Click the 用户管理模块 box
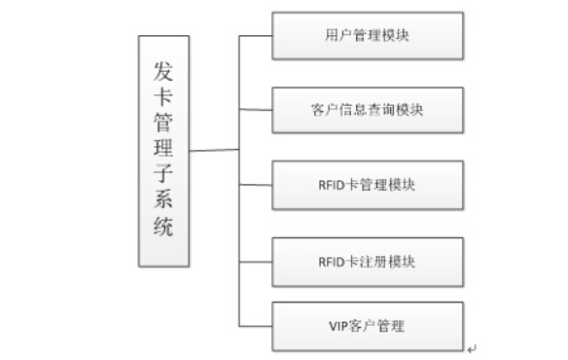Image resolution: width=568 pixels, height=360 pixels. point(368,36)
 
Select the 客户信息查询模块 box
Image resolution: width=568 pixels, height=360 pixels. point(368,110)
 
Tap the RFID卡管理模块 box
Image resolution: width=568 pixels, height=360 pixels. point(368,185)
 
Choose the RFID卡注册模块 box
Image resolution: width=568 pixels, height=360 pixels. point(368,262)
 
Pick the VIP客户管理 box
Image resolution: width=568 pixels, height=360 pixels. point(368,326)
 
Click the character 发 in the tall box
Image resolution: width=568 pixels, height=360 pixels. point(163,71)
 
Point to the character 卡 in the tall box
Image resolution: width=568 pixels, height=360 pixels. point(163,96)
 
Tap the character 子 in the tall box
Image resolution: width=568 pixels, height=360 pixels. point(163,173)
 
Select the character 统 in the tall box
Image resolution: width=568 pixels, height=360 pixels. point(163,226)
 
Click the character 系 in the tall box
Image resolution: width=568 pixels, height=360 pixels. point(163,199)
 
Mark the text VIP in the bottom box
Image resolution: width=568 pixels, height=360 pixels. point(338,326)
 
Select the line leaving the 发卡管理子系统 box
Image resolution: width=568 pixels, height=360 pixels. point(214,150)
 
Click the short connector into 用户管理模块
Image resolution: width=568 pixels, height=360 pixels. point(256,36)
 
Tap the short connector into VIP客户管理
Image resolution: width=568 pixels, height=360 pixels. point(256,326)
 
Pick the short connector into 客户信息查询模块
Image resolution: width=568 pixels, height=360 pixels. point(256,110)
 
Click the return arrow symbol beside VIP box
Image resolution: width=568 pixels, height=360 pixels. point(472,349)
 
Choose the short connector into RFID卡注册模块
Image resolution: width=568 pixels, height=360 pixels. point(256,262)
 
